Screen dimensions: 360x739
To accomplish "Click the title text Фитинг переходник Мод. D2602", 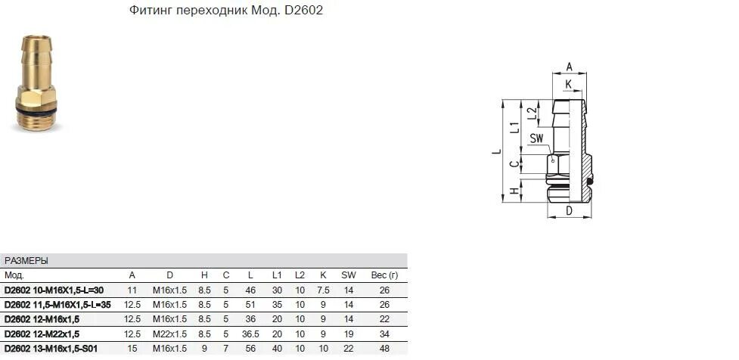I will pyautogui.click(x=222, y=12).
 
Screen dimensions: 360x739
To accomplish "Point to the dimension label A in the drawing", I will pyautogui.click(x=570, y=66).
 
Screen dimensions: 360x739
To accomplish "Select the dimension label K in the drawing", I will pyautogui.click(x=569, y=83).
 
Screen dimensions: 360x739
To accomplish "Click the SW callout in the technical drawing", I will pyautogui.click(x=537, y=138).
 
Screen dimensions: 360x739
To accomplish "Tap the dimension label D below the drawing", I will pyautogui.click(x=569, y=211).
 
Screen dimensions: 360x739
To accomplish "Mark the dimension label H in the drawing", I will pyautogui.click(x=514, y=192).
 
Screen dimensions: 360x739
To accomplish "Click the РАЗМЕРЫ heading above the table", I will pyautogui.click(x=26, y=261).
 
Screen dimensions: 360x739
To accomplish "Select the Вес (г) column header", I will pyautogui.click(x=384, y=275).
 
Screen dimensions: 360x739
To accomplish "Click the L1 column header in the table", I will pyautogui.click(x=278, y=275).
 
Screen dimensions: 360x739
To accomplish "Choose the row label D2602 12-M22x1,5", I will pyautogui.click(x=42, y=334).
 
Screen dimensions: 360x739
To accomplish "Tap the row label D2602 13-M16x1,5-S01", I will pyautogui.click(x=52, y=348).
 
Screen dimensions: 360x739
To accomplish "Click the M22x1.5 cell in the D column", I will pyautogui.click(x=170, y=334).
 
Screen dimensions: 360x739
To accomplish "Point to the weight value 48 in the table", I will pyautogui.click(x=384, y=348).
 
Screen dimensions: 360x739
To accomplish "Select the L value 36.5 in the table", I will pyautogui.click(x=250, y=334).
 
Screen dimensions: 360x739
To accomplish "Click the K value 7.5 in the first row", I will pyautogui.click(x=323, y=290).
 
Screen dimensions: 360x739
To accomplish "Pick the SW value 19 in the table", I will pyautogui.click(x=348, y=334).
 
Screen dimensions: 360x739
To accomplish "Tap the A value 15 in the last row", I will pyautogui.click(x=132, y=348).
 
